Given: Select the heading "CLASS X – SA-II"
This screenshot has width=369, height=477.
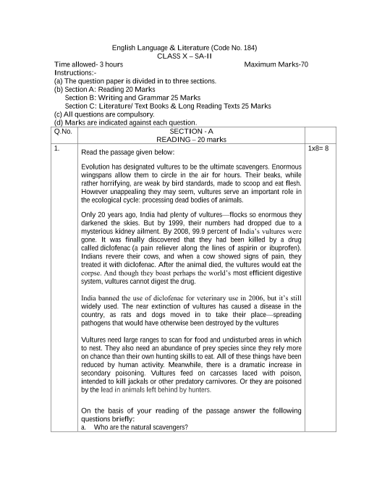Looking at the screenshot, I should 184,56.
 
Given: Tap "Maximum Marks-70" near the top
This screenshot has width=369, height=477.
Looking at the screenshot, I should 276,64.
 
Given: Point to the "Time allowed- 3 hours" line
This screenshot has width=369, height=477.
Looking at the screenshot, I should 89,64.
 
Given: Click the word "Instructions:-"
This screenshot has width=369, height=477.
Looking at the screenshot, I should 75,73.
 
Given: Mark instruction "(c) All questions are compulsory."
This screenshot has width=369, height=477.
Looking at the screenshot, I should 104,114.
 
